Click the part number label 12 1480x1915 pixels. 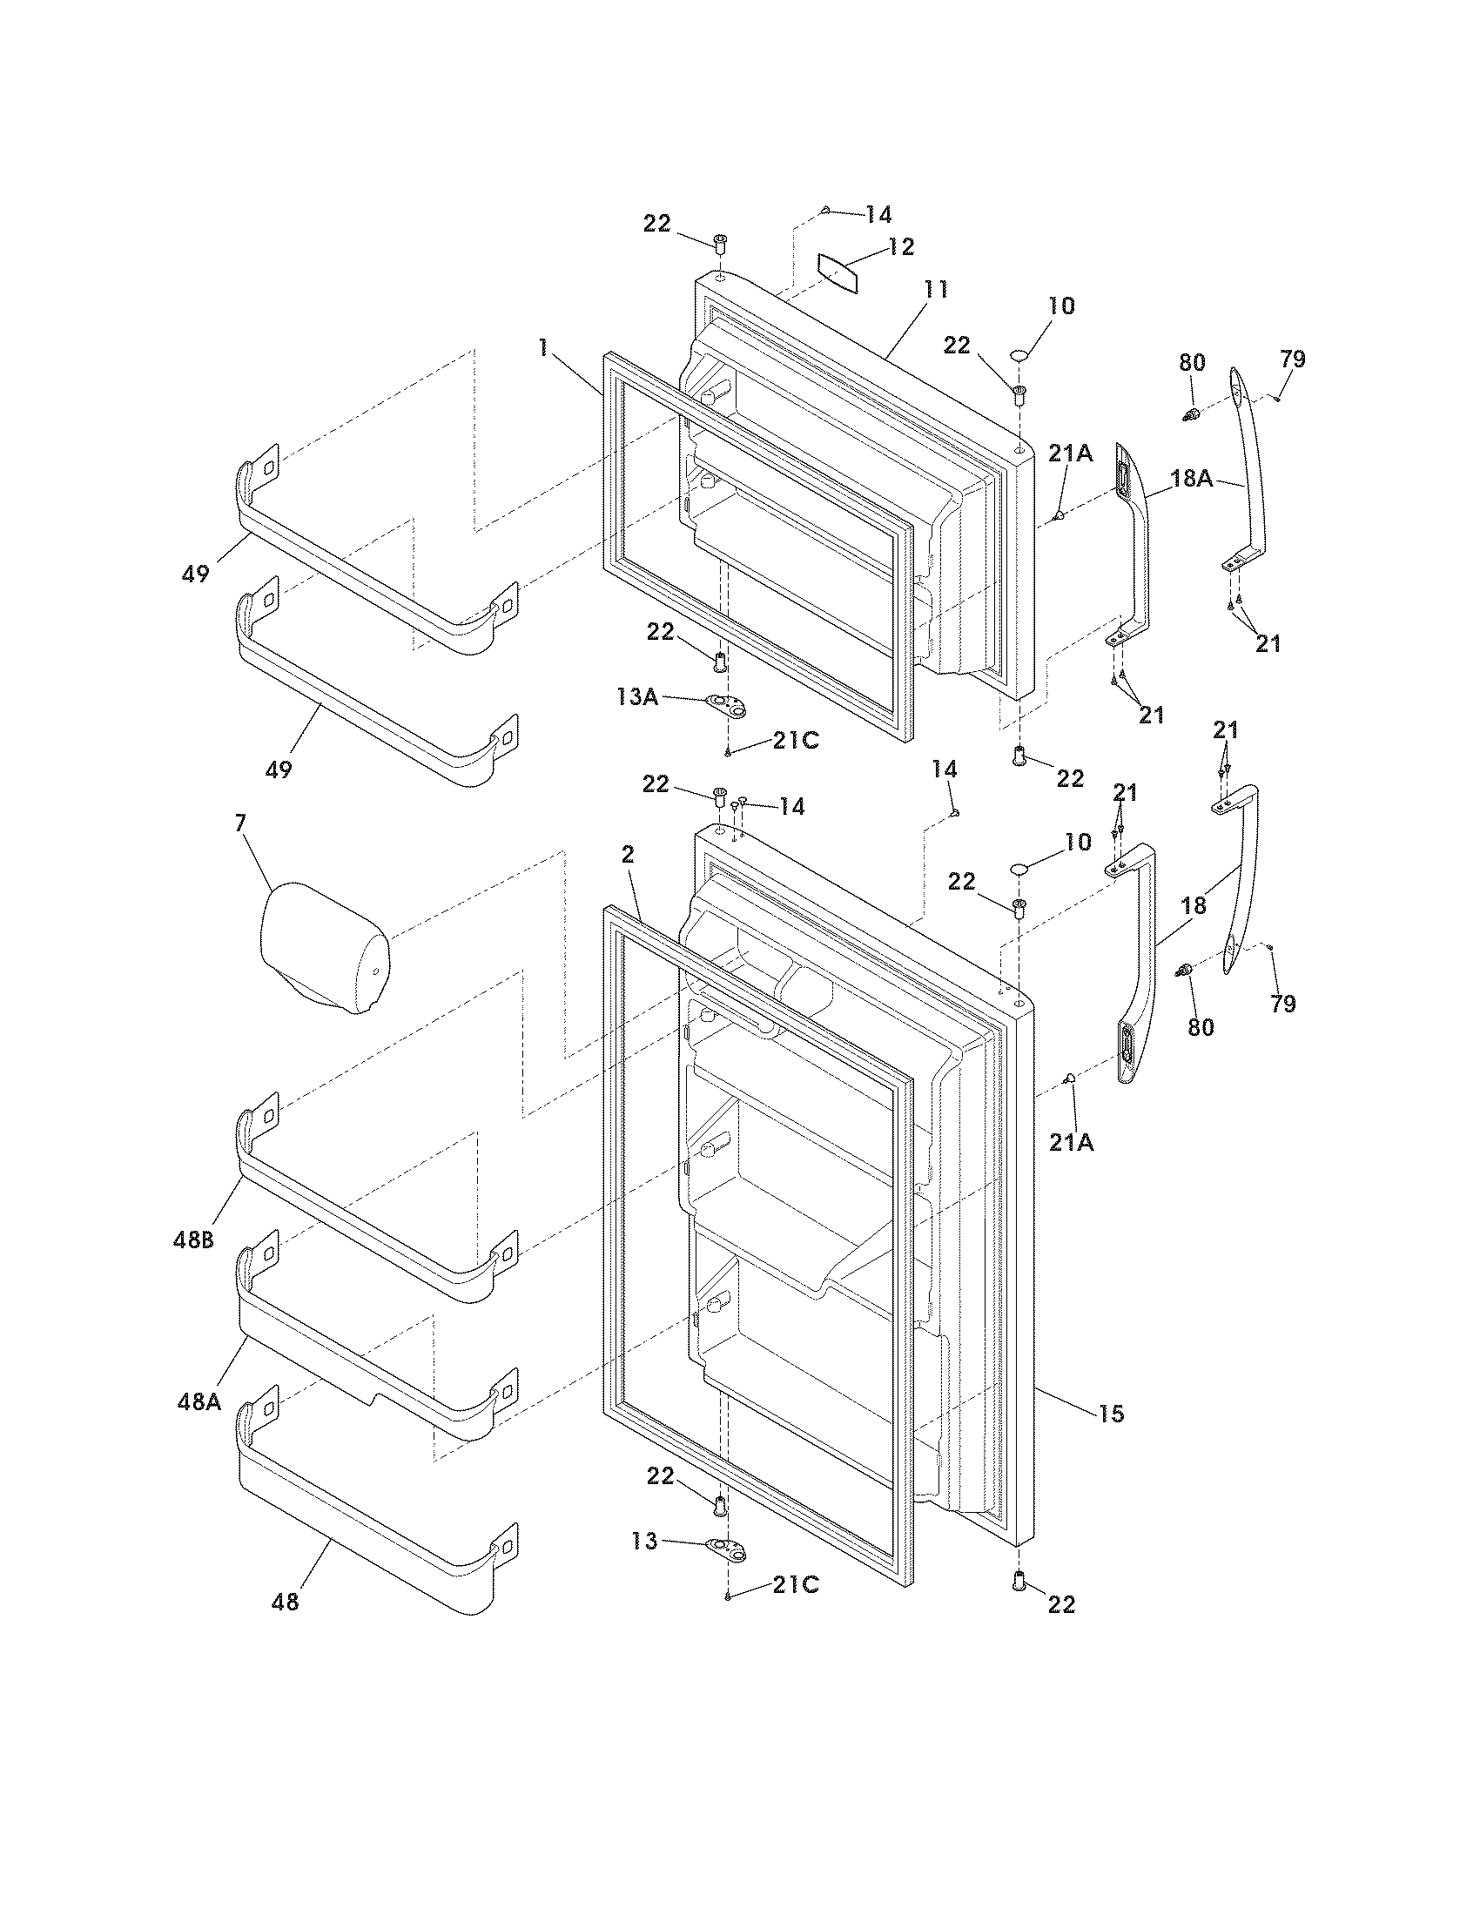[900, 247]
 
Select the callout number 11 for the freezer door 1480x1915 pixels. [936, 290]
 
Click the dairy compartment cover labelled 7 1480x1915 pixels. [326, 947]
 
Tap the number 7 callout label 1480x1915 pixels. [240, 824]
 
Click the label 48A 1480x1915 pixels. [198, 1401]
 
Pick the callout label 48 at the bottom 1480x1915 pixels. [286, 1602]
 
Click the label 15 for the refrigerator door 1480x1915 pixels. [1110, 1414]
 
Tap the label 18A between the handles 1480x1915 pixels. [1193, 479]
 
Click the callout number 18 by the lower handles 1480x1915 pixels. [1194, 905]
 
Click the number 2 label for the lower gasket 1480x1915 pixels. [628, 854]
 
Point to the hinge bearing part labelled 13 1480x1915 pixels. [727, 1549]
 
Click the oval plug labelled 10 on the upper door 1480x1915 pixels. [1020, 355]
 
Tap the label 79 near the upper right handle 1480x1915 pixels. [1292, 359]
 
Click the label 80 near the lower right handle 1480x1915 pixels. [1201, 1027]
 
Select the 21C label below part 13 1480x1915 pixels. [795, 1584]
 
